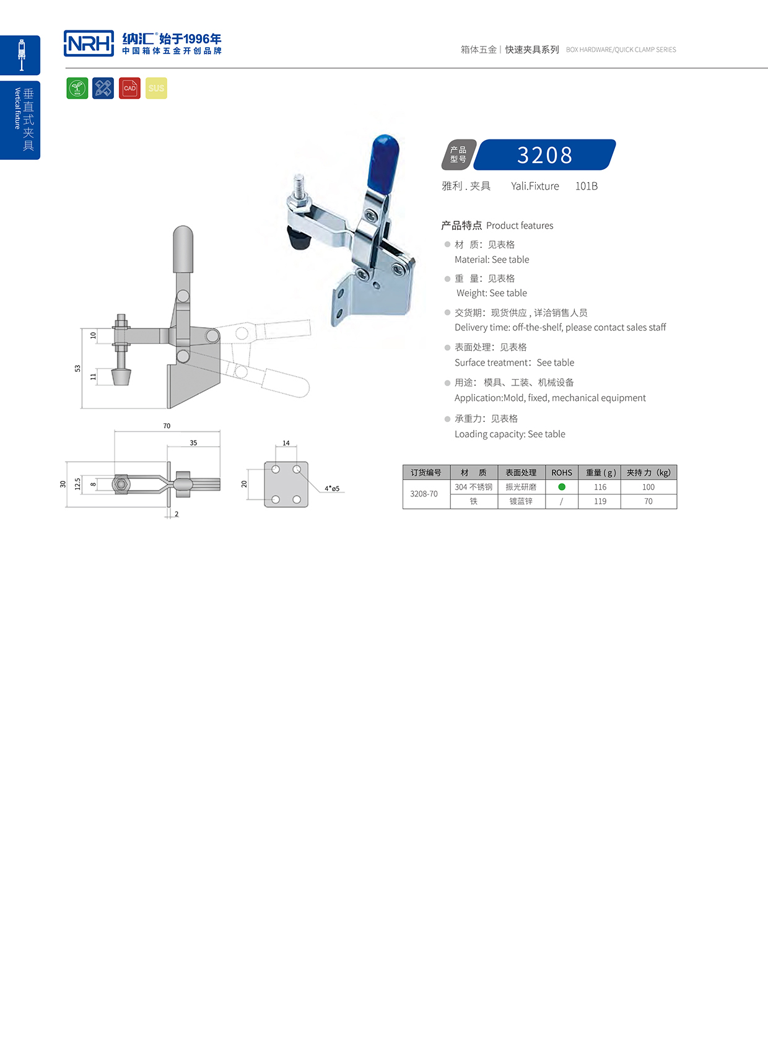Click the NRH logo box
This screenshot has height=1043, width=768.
pos(89,43)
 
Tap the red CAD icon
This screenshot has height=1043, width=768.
pos(129,88)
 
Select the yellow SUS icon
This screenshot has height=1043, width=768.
pos(156,88)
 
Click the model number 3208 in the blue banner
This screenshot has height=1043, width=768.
pos(544,155)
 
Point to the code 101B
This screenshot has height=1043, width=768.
pos(586,186)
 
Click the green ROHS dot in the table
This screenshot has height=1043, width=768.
pos(562,487)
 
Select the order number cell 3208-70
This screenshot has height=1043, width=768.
pos(424,494)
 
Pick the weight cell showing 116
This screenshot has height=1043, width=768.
pos(600,487)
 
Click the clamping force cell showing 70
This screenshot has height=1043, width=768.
pos(648,501)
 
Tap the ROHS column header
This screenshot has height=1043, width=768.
pos(562,472)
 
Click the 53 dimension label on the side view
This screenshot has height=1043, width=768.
pos(77,368)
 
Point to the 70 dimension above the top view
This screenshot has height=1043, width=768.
pos(167,426)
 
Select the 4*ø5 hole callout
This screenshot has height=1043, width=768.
pos(332,488)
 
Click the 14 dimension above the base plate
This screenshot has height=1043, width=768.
pos(286,443)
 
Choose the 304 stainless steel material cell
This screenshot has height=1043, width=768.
pos(474,487)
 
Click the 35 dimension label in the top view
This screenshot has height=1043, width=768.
pos(193,442)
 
